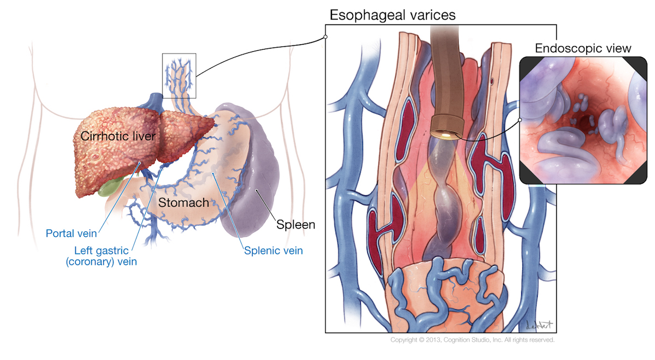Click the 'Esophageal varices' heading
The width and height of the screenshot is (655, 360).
(x=392, y=15)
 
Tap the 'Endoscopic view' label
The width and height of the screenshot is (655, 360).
(x=583, y=48)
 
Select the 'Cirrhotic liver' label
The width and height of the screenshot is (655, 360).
(x=118, y=136)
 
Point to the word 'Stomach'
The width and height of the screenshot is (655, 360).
(x=183, y=202)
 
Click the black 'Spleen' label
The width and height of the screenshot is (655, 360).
(x=296, y=224)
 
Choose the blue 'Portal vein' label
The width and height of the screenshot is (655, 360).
(x=72, y=233)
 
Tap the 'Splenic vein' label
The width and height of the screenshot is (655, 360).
(x=273, y=251)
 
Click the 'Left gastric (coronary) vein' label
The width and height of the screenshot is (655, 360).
(x=102, y=256)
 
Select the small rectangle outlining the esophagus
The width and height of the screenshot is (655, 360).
(x=179, y=76)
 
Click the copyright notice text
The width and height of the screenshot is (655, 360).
(x=473, y=340)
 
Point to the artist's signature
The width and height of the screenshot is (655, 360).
(x=539, y=325)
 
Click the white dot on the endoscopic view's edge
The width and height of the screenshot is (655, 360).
(x=520, y=120)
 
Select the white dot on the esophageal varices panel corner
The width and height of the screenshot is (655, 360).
(x=325, y=37)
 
